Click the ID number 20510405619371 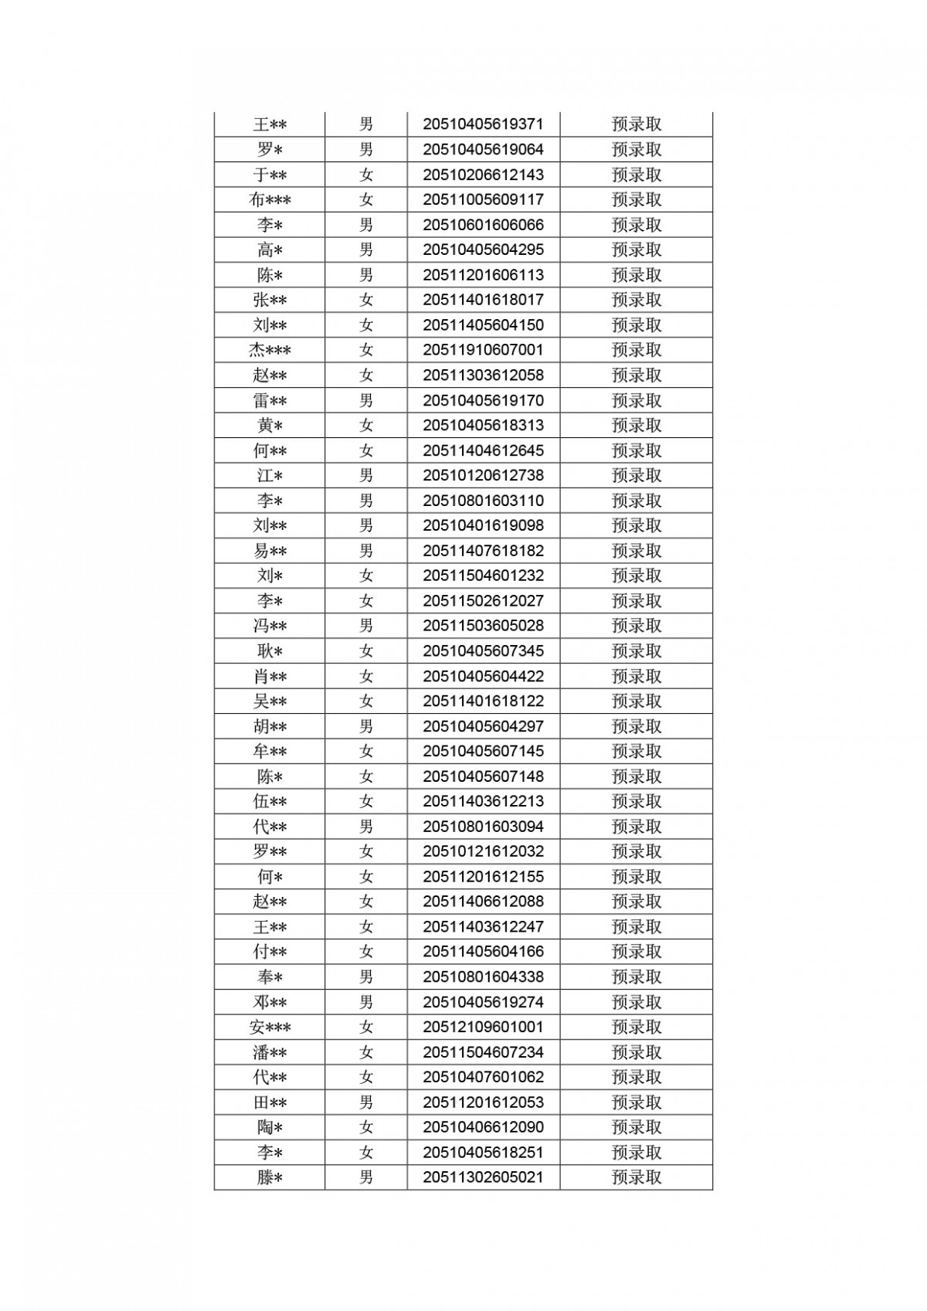click(483, 124)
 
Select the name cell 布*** click(270, 200)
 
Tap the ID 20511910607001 click(483, 350)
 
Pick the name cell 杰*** click(270, 350)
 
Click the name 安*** click(270, 1027)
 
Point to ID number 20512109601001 click(483, 1027)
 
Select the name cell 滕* click(270, 1178)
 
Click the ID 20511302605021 click(483, 1178)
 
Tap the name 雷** click(270, 401)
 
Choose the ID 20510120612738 click(483, 476)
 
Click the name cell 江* click(270, 476)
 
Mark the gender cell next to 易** click(366, 551)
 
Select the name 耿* click(270, 651)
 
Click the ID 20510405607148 click(483, 776)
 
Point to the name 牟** click(270, 752)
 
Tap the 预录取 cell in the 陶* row click(637, 1128)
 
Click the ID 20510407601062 click(483, 1078)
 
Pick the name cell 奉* click(270, 977)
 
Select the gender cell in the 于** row click(366, 175)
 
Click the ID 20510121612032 click(483, 852)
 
